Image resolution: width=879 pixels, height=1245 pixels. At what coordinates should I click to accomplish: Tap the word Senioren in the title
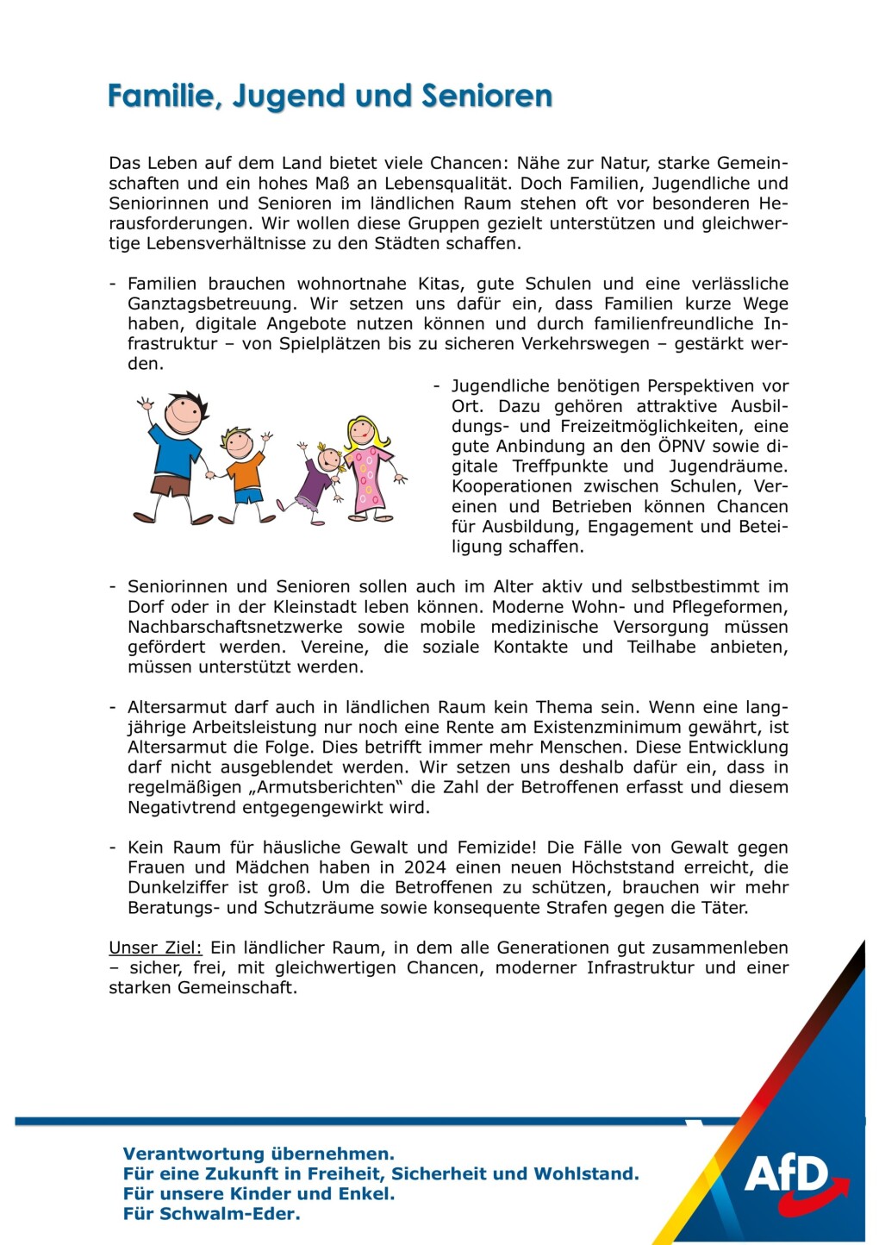(x=486, y=95)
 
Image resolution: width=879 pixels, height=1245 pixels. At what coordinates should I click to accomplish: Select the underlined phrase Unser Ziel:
(x=155, y=948)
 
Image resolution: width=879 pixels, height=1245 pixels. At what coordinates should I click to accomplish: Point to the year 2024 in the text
(x=426, y=867)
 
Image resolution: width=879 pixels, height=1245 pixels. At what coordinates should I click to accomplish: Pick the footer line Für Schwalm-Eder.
(x=211, y=1214)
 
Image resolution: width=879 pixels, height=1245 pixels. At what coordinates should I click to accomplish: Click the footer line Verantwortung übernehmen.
(x=259, y=1154)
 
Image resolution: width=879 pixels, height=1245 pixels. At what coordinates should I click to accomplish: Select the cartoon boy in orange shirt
(x=243, y=474)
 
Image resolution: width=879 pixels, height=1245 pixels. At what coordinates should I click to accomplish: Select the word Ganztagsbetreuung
(x=209, y=303)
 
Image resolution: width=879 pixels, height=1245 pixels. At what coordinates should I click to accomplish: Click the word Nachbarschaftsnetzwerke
(x=234, y=627)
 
